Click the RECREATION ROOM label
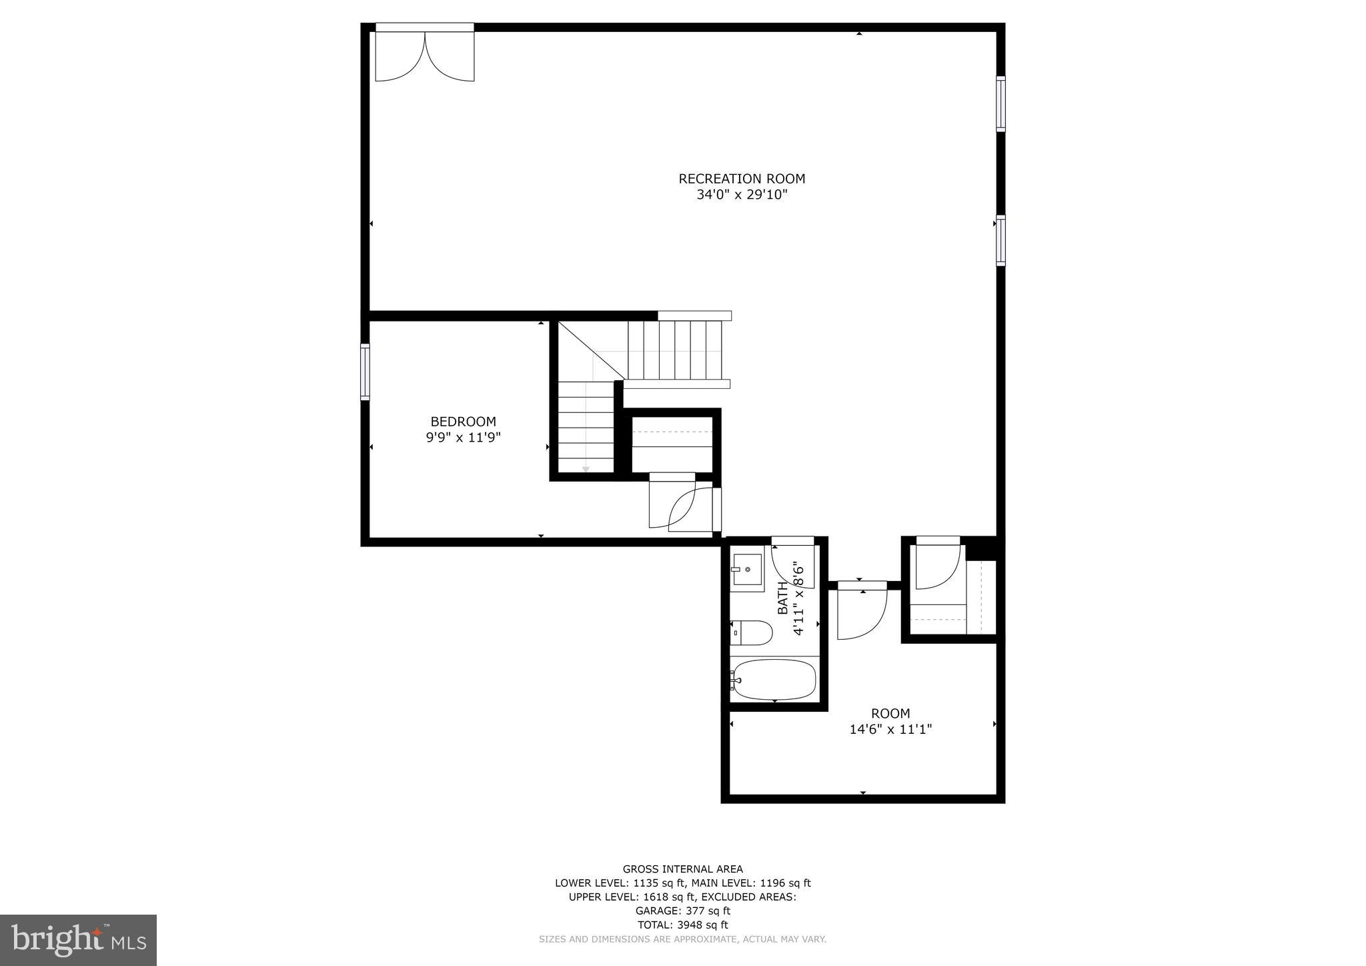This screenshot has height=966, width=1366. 742,179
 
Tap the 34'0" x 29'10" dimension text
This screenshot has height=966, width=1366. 742,195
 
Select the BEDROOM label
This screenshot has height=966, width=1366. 463,422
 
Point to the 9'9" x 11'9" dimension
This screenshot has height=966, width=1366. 463,438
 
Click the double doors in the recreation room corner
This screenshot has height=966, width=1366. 425,55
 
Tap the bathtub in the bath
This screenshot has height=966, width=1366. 774,680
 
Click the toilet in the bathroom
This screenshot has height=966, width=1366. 752,632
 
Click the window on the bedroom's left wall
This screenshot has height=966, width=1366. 365,372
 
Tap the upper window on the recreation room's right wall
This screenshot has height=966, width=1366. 1000,103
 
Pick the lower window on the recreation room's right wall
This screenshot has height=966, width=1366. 1000,241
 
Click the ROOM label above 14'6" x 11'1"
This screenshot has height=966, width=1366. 890,713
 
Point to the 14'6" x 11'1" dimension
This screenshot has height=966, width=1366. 890,730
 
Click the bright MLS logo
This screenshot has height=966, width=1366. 78,940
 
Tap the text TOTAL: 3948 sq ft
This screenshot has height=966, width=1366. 682,925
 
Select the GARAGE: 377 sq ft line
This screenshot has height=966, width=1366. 682,911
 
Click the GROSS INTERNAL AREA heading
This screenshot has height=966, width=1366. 682,869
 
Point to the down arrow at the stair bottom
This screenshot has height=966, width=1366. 586,470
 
